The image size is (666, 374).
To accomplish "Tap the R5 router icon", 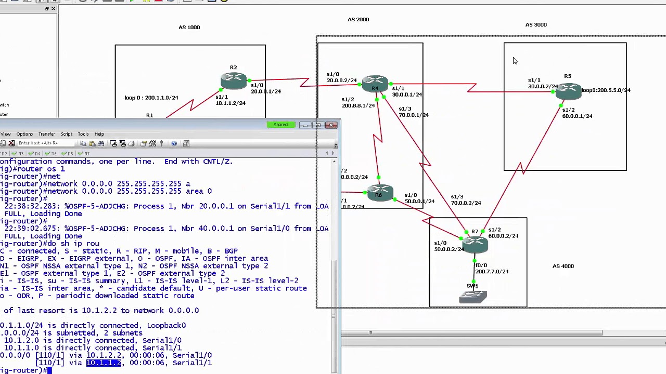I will coord(568,91).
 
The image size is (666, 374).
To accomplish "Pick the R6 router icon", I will coord(379,193).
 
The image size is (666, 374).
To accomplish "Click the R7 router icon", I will coord(475,242).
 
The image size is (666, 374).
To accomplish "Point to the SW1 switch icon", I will coord(473,296).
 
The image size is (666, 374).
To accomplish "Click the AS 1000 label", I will coord(189,27).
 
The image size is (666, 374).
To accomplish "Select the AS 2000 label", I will coord(358,19).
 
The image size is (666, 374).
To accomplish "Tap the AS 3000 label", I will coord(535,24).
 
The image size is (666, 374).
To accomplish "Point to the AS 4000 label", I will coord(562,266).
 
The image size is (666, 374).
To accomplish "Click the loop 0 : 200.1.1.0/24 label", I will coord(151,98).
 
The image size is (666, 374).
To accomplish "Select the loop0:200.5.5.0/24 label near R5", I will coord(606,90).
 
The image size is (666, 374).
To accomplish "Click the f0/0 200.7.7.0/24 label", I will coord(491,269).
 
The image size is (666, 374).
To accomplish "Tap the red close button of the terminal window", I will coord(331,125).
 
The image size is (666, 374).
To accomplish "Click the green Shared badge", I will coord(280,125).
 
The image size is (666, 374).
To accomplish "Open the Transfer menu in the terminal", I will coord(46,134).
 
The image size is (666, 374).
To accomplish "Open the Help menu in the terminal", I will coord(99,134).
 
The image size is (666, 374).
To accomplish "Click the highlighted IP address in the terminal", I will coord(104,363).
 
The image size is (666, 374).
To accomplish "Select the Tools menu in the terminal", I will coord(83,134).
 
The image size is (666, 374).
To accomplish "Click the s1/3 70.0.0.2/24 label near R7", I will coord(465,200).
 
